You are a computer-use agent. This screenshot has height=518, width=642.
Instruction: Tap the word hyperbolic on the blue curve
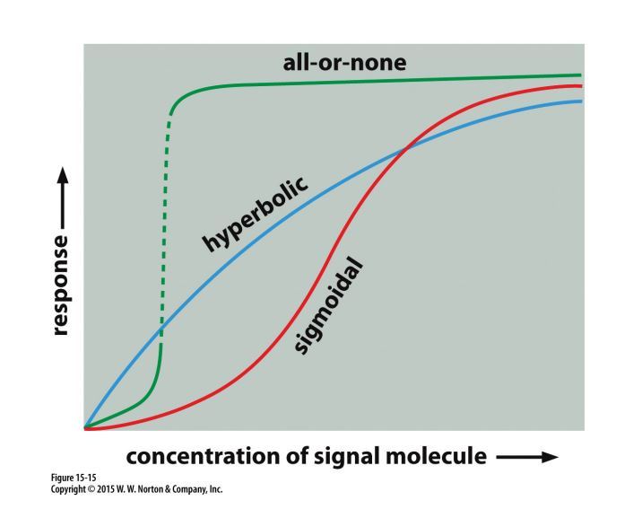[255, 214]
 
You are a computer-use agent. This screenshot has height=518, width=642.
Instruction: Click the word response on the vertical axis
[60, 285]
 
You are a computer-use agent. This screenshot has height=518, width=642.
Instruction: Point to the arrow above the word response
[60, 203]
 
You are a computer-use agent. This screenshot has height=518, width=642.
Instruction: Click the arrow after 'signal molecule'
[526, 457]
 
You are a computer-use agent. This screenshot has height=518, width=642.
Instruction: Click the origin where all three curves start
[85, 428]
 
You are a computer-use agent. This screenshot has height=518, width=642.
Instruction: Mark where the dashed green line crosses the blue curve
[161, 335]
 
